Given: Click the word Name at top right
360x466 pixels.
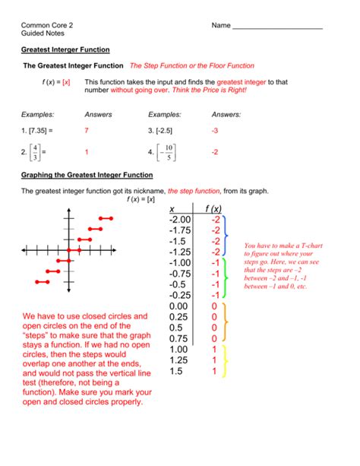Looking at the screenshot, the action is pyautogui.click(x=221, y=26).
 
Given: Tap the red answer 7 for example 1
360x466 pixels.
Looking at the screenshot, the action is pyautogui.click(x=87, y=131).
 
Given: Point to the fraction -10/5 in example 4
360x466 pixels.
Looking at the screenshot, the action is pyautogui.click(x=168, y=151).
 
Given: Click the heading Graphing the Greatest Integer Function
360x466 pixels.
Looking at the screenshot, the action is pyautogui.click(x=87, y=176).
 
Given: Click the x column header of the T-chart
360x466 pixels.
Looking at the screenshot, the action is pyautogui.click(x=172, y=209).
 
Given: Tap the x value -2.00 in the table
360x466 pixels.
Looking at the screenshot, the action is pyautogui.click(x=174, y=220).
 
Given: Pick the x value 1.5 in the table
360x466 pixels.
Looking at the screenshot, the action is pyautogui.click(x=175, y=371).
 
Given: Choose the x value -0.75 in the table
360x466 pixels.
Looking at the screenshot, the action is pyautogui.click(x=174, y=274).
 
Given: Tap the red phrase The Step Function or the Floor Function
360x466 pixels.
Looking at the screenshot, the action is pyautogui.click(x=191, y=66).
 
